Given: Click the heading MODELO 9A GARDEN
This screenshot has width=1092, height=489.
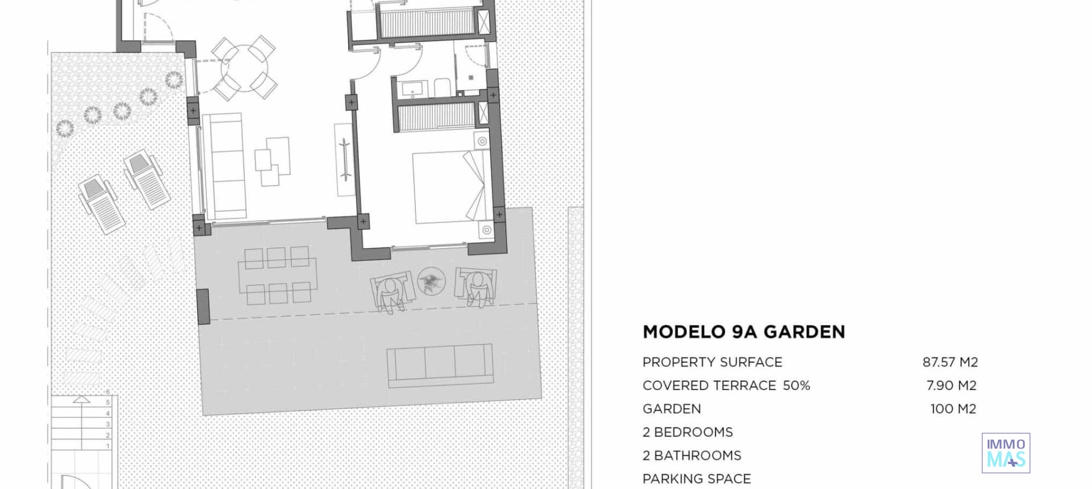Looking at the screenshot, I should [x=743, y=332].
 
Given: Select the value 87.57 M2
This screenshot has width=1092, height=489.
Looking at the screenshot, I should [x=950, y=362].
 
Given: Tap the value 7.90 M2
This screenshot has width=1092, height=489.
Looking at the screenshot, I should [x=951, y=386].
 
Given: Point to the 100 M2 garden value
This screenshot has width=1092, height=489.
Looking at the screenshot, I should [x=953, y=409].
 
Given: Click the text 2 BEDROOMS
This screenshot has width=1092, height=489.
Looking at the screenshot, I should [x=687, y=432].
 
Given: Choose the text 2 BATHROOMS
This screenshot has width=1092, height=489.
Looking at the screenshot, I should [x=692, y=455].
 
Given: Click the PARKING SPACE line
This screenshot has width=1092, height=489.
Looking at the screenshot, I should [x=696, y=479].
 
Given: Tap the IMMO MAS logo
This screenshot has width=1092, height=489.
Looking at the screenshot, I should [x=1006, y=453].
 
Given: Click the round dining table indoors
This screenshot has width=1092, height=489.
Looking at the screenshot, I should [x=244, y=68].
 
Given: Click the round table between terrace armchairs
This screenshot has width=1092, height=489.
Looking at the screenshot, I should [x=431, y=281].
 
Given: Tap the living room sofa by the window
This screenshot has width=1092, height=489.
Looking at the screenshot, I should [x=226, y=165].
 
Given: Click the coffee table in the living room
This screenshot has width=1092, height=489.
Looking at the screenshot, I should [x=272, y=160].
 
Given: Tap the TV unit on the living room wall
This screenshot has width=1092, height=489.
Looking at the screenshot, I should [x=344, y=160].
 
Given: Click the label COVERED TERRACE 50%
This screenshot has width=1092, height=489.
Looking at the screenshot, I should [x=726, y=386].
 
